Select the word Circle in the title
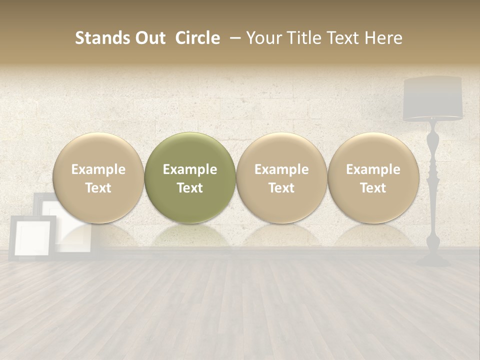(197, 38)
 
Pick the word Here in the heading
(383, 38)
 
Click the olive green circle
(190, 177)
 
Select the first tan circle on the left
(98, 177)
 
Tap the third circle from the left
(281, 177)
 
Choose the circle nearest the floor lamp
(373, 177)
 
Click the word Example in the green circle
(190, 169)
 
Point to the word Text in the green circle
(190, 188)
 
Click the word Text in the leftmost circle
(98, 188)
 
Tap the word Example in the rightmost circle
(373, 169)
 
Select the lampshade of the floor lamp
(432, 98)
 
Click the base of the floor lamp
(433, 259)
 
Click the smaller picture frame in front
(32, 237)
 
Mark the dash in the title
(233, 38)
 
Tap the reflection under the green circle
(190, 235)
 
